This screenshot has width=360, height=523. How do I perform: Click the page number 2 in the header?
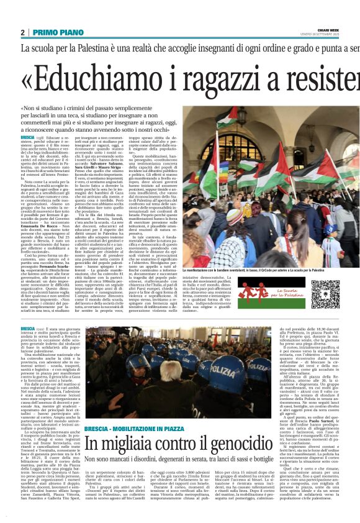coord(22,32)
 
